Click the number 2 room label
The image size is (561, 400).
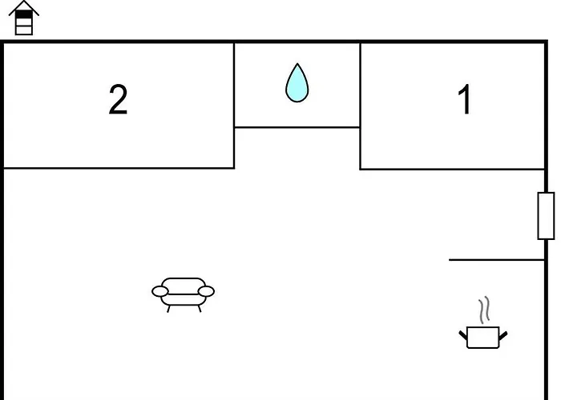click(118, 101)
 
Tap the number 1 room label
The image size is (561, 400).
click(464, 101)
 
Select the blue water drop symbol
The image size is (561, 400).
click(297, 84)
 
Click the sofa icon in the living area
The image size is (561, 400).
click(184, 292)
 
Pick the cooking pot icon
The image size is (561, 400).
click(482, 337)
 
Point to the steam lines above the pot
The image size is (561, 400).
click(483, 310)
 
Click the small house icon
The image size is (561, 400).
click(24, 18)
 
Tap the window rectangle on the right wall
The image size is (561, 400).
click(546, 216)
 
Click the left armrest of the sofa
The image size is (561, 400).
click(160, 292)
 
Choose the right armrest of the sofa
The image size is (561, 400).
click(207, 292)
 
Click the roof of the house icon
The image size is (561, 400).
click(24, 7)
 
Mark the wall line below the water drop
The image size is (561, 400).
click(297, 127)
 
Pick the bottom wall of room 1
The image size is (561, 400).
click(453, 169)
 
